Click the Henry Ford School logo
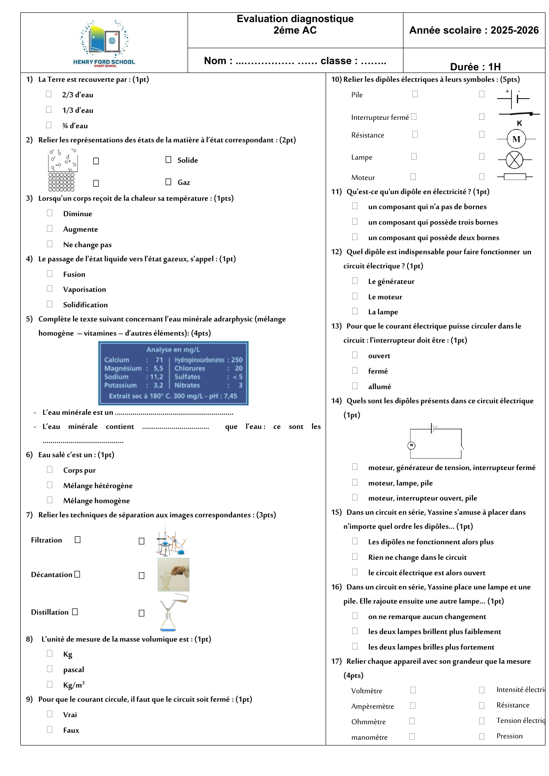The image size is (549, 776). tap(104, 43)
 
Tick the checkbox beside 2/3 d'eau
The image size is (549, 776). tap(49, 94)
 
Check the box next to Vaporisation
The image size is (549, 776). tap(50, 289)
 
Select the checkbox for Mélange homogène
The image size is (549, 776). tap(50, 500)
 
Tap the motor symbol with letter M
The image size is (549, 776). tap(516, 139)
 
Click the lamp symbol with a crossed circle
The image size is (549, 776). tap(514, 160)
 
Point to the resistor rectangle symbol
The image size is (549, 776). tap(514, 177)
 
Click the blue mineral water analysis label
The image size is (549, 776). tap(173, 373)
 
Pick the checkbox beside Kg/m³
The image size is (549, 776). tap(50, 684)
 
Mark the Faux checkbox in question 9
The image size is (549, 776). tap(50, 730)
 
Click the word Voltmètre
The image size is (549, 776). tap(366, 691)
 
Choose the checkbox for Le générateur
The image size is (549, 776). tap(355, 281)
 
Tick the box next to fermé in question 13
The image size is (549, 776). tap(355, 371)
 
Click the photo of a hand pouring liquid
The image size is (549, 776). tap(173, 574)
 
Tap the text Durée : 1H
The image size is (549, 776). tap(475, 67)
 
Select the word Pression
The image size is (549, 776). tap(509, 736)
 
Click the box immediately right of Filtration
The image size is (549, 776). tap(78, 539)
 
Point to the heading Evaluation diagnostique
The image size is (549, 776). tap(295, 19)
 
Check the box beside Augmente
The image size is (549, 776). tap(50, 229)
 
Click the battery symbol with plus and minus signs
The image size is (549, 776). tap(513, 99)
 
